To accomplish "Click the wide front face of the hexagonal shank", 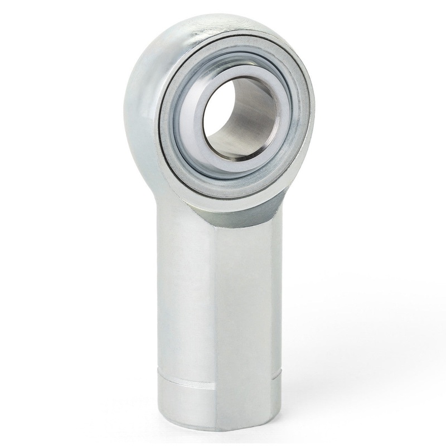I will click(245, 312).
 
